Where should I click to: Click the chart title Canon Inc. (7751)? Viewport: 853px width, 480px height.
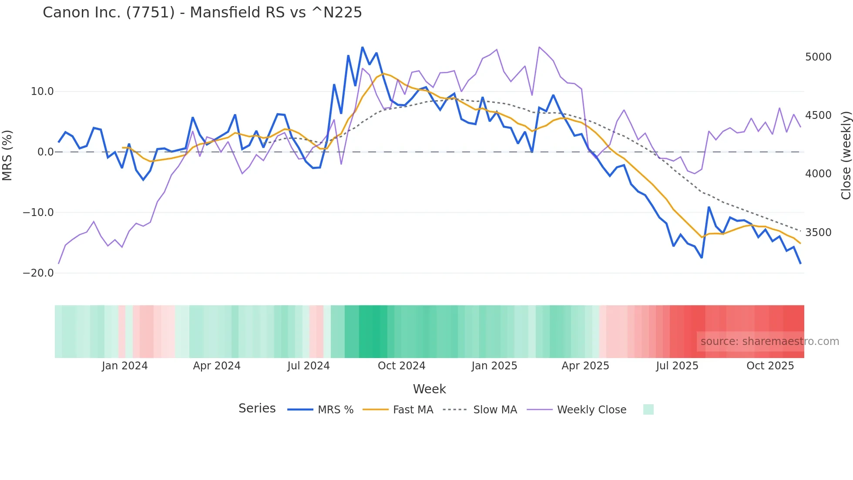[x=202, y=13]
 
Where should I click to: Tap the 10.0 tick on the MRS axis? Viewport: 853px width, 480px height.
[x=42, y=91]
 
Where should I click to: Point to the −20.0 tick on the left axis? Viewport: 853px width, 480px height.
[x=39, y=273]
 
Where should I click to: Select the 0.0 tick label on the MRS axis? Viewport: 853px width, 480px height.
[x=45, y=152]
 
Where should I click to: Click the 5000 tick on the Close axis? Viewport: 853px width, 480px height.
[x=818, y=57]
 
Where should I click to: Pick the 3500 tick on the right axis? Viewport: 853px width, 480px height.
[x=818, y=233]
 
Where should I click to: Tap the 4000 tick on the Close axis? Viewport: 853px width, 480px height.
[x=818, y=174]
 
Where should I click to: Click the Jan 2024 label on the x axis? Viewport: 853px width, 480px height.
[x=125, y=366]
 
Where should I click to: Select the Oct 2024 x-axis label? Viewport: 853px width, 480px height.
[x=401, y=366]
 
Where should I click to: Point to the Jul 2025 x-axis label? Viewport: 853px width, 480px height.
[x=677, y=366]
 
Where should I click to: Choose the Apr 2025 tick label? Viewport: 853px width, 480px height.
[x=585, y=366]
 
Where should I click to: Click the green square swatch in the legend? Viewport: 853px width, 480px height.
[x=648, y=409]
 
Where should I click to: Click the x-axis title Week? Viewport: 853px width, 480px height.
[x=429, y=389]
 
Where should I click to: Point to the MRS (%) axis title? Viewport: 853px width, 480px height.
[x=7, y=155]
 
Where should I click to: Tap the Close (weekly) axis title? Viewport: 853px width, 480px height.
[x=846, y=155]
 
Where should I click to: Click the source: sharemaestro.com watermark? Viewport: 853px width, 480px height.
[x=769, y=341]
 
